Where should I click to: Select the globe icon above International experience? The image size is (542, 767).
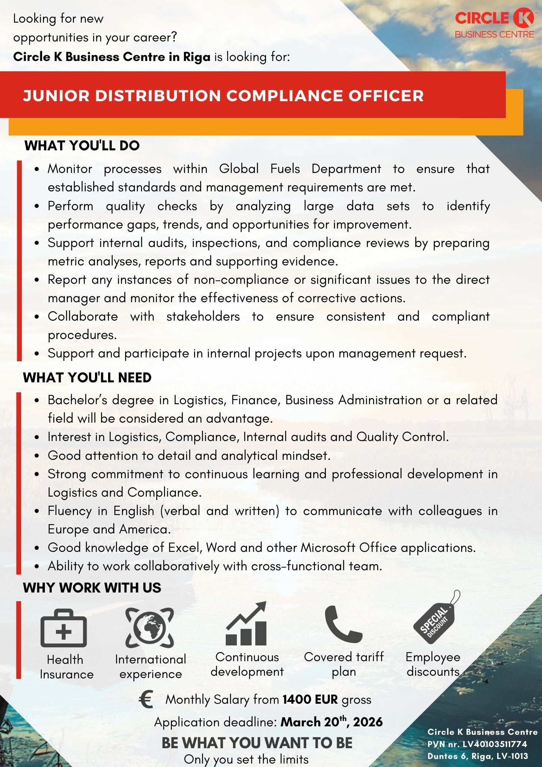(149, 628)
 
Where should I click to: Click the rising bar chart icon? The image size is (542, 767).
(246, 624)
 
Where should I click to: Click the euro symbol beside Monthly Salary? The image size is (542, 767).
(146, 699)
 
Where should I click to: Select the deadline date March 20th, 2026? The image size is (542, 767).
(332, 722)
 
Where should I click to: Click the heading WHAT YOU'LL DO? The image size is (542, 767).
(82, 146)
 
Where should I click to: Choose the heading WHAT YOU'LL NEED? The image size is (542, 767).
(87, 378)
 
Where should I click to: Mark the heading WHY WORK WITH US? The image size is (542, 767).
(92, 588)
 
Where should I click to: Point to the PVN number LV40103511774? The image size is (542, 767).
(494, 744)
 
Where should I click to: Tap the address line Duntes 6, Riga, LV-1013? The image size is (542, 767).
(478, 756)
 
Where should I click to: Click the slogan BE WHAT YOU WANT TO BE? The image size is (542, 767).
(257, 743)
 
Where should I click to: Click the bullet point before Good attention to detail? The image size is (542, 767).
(37, 456)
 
